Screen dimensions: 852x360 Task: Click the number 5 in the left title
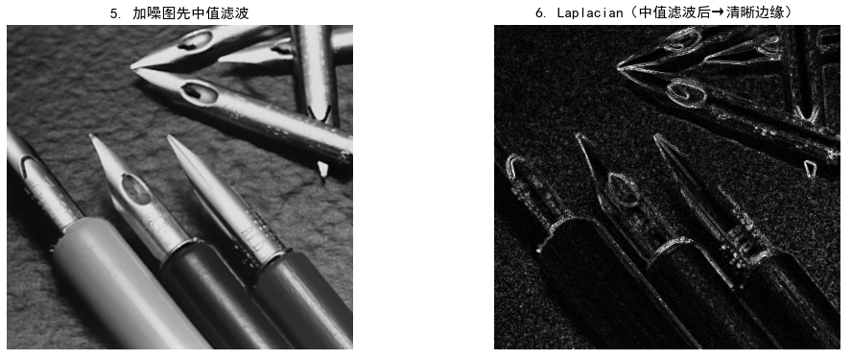tap(113, 13)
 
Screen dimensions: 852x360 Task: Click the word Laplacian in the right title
tap(589, 13)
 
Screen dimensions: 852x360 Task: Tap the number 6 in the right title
tap(539, 13)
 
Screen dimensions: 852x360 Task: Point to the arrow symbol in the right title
tap(718, 13)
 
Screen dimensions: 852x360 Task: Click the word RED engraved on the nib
tap(255, 236)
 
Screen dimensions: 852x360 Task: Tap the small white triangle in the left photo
tap(323, 169)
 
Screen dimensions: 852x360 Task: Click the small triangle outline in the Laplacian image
tap(810, 168)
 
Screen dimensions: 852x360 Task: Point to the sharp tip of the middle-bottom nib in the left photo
tap(91, 136)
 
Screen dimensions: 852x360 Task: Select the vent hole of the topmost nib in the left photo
tap(196, 39)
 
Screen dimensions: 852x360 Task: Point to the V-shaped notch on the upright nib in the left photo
tap(322, 113)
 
